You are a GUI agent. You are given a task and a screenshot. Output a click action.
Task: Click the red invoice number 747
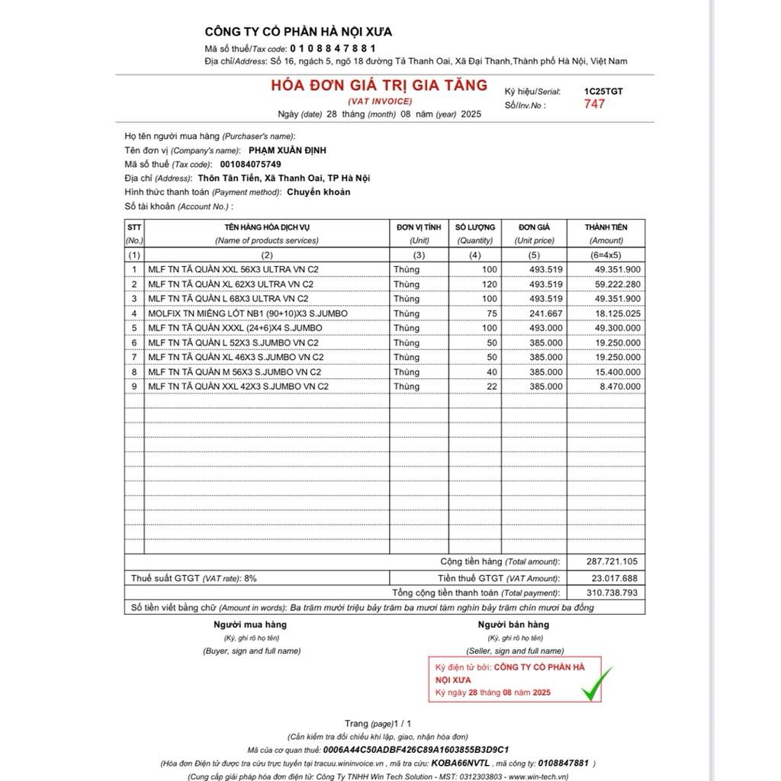[594, 104]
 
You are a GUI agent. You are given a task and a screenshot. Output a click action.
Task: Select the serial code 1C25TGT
[603, 92]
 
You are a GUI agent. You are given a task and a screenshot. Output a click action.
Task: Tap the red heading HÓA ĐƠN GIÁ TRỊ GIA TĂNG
[379, 85]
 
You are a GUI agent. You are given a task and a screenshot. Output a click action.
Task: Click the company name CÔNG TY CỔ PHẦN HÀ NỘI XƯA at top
[298, 31]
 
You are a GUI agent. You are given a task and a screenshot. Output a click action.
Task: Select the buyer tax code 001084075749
[250, 164]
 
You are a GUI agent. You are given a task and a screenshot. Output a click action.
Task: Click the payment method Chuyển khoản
[319, 192]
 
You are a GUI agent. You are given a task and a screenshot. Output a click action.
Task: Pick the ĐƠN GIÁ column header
[534, 227]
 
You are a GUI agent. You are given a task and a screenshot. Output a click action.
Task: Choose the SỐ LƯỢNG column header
[475, 227]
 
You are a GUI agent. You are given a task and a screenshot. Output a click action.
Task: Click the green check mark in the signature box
[596, 683]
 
